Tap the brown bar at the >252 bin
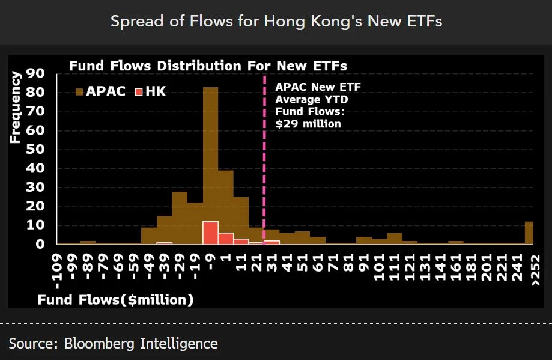tap(529, 233)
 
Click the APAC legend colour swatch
tap(79, 92)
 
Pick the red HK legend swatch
tap(138, 92)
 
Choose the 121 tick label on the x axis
tap(410, 267)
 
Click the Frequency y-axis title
tap(16, 107)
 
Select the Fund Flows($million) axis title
tap(116, 299)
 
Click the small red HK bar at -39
tap(164, 243)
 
